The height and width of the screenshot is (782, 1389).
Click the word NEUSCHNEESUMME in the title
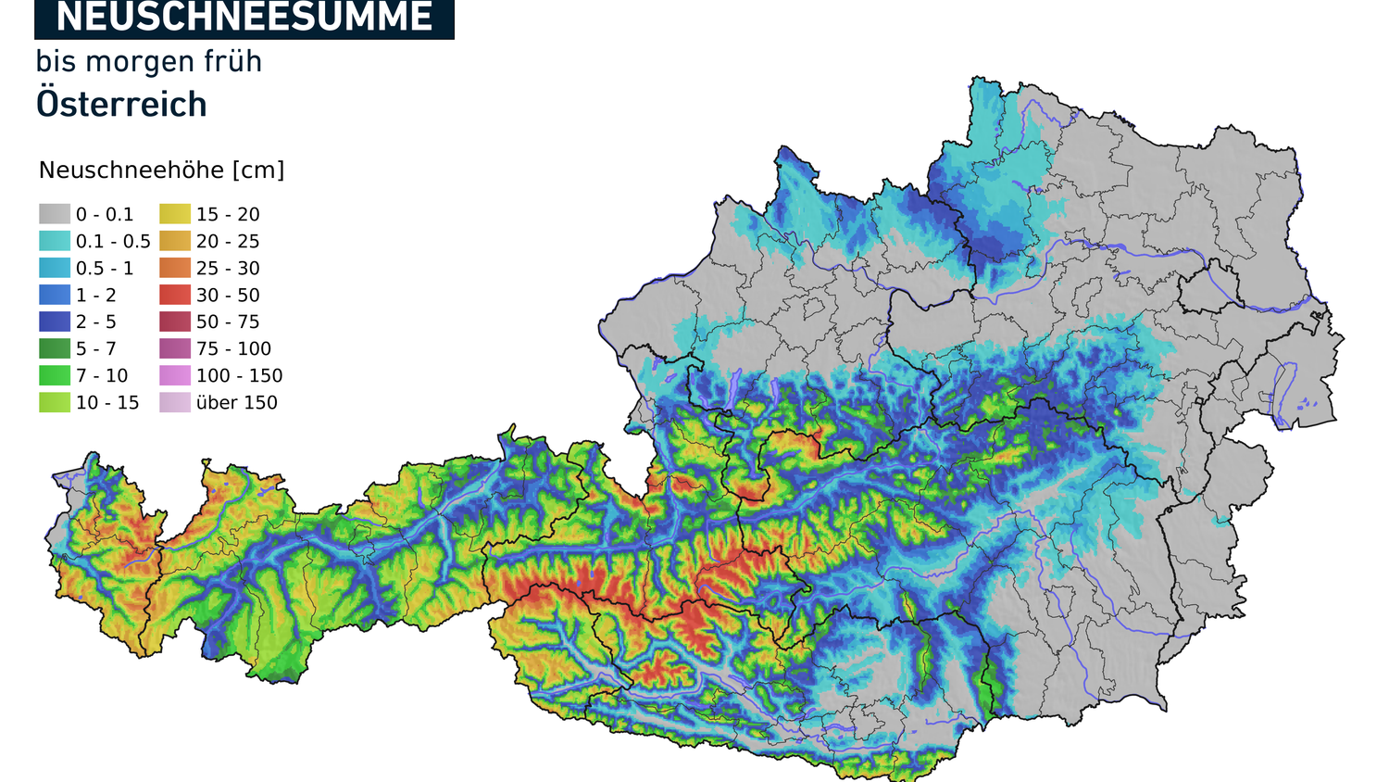[244, 17]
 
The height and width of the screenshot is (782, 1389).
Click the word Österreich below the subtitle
[121, 105]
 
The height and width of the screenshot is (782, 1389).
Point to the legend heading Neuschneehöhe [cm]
[162, 170]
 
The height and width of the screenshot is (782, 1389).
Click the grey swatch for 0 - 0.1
[55, 214]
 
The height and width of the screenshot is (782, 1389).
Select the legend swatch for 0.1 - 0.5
[55, 241]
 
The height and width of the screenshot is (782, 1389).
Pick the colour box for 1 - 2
[55, 295]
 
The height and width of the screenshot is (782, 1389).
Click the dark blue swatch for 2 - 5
[55, 322]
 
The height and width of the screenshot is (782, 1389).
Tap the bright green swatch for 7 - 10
[55, 375]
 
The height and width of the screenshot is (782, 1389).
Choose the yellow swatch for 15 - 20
[175, 214]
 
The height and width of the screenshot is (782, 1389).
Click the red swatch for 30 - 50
[175, 295]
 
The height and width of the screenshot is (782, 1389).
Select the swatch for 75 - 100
[175, 348]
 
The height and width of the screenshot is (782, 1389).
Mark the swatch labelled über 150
[175, 402]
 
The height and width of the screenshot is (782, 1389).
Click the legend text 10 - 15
[107, 402]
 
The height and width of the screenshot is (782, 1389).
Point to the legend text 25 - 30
[228, 268]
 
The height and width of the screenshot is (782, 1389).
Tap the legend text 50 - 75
[228, 322]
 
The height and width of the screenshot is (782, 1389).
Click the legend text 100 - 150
[239, 375]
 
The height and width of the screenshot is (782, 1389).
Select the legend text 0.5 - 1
[105, 268]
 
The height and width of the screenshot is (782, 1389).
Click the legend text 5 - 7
[96, 348]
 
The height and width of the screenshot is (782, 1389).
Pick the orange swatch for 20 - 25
[175, 241]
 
